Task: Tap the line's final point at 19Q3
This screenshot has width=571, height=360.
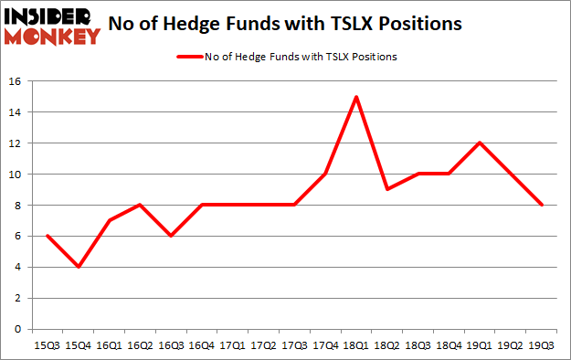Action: point(543,205)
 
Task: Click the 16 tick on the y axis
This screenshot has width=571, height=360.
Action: point(15,81)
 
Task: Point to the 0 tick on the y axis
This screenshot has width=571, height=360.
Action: point(18,329)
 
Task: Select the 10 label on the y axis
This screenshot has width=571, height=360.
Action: point(15,175)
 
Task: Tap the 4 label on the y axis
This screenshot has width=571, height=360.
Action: point(18,267)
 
